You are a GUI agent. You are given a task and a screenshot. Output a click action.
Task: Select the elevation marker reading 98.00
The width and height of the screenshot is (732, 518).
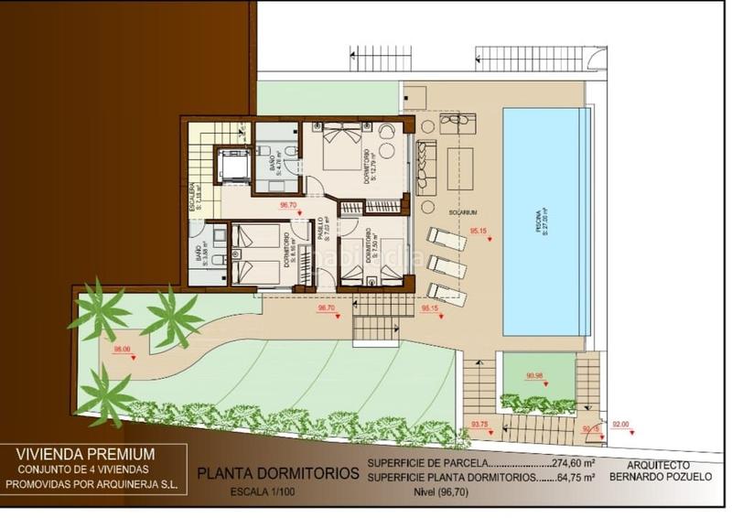pyautogui.click(x=122, y=350)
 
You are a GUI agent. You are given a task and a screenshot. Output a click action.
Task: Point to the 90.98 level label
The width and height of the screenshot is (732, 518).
pyautogui.click(x=536, y=375)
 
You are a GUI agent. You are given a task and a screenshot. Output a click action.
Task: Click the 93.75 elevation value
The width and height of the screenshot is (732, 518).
pyautogui.click(x=480, y=425)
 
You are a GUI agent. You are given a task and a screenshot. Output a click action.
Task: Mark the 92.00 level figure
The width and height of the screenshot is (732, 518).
pyautogui.click(x=622, y=425)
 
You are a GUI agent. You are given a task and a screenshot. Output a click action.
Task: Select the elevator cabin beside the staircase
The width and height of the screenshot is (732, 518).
pyautogui.click(x=230, y=165)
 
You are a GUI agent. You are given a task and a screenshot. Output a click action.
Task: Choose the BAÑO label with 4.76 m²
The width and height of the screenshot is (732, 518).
pyautogui.click(x=272, y=165)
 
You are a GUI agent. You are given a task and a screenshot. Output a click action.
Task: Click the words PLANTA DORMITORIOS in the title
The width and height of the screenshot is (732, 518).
pyautogui.click(x=277, y=474)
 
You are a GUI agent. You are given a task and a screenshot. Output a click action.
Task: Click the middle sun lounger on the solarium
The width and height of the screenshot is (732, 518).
pyautogui.click(x=448, y=264)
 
